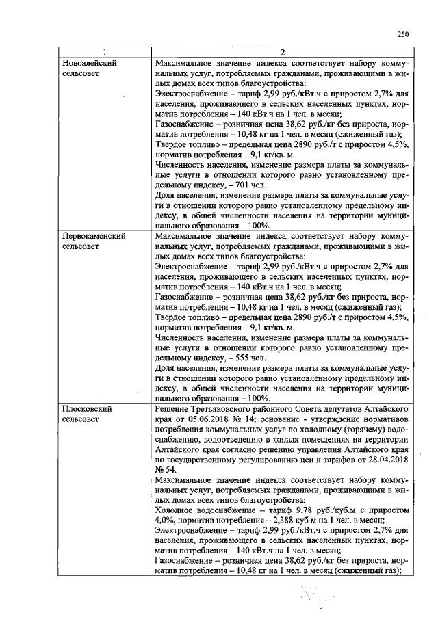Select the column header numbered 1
coord(104,53)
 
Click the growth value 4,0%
coord(166,521)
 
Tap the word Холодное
coord(177,510)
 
